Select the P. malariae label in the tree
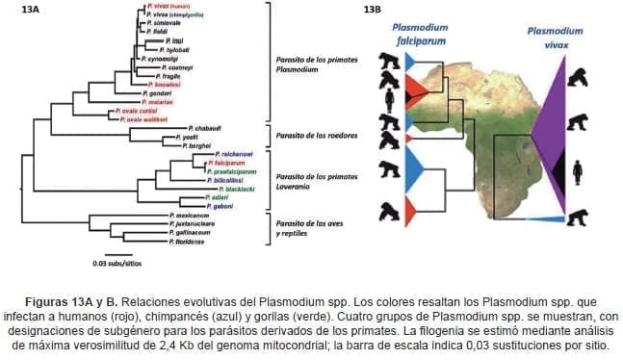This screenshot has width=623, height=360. point(155,100)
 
